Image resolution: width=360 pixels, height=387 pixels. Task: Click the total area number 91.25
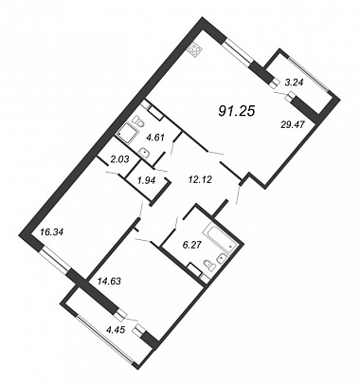tap(237, 111)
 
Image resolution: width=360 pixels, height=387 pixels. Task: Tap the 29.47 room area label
tap(292, 125)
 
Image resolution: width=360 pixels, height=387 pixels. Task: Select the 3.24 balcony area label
tap(294, 83)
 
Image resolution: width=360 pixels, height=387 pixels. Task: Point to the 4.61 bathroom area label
tap(154, 138)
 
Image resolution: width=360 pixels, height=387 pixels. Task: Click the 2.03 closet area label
tap(119, 160)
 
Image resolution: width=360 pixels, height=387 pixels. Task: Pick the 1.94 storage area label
tap(145, 180)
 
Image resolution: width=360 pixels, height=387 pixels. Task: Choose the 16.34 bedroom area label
tap(52, 232)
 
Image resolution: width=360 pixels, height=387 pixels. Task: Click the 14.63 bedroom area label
tap(109, 281)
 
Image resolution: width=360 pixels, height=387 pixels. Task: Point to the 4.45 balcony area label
tap(117, 330)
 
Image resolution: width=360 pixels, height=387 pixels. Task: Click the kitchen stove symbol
tap(195, 50)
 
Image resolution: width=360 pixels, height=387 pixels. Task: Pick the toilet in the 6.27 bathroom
tap(208, 264)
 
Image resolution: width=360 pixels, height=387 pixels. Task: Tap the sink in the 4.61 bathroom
tap(144, 152)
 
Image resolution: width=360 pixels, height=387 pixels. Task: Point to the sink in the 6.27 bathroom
tap(222, 259)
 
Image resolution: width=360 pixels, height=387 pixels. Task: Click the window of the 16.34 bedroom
tap(55, 260)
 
